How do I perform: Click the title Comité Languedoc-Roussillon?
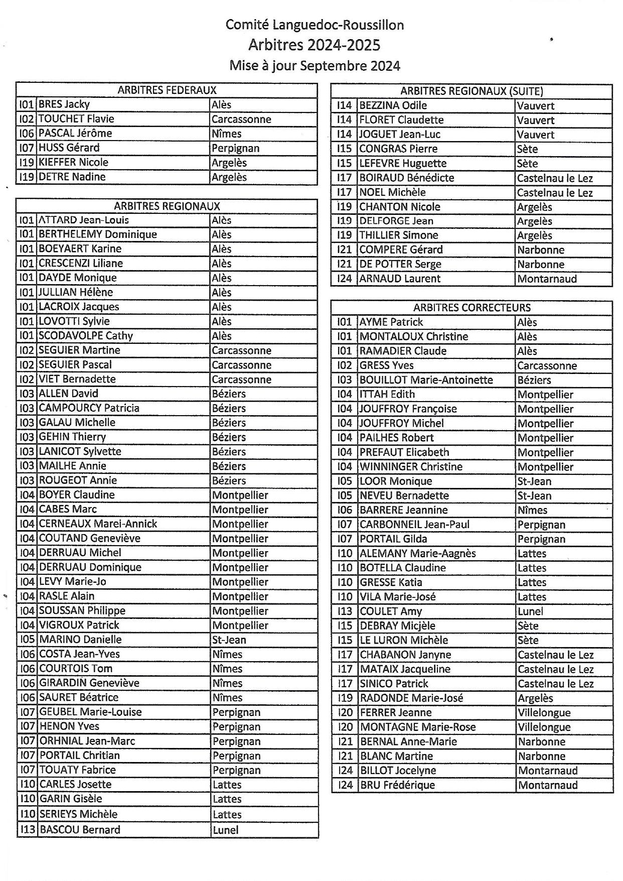pyautogui.click(x=315, y=25)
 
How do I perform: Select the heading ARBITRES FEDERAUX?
pyautogui.click(x=167, y=90)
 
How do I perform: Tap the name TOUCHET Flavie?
pyautogui.click(x=76, y=119)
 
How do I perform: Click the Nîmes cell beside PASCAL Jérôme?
pyautogui.click(x=226, y=134)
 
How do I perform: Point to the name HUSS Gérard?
pyautogui.click(x=69, y=148)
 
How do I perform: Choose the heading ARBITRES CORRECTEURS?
pyautogui.click(x=472, y=308)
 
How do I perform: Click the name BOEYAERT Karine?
pyautogui.click(x=80, y=249)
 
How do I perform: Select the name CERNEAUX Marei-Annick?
pyautogui.click(x=98, y=524)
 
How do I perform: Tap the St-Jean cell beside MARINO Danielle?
pyautogui.click(x=229, y=640)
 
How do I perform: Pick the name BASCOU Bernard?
pyautogui.click(x=80, y=830)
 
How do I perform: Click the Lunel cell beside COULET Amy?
pyautogui.click(x=530, y=611)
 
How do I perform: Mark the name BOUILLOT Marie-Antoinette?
pyautogui.click(x=426, y=380)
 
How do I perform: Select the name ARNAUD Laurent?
pyautogui.click(x=400, y=279)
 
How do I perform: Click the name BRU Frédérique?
pyautogui.click(x=397, y=785)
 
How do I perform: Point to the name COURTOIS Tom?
pyautogui.click(x=75, y=669)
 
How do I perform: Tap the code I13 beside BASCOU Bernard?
pyautogui.click(x=27, y=830)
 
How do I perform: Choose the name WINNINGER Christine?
pyautogui.click(x=411, y=467)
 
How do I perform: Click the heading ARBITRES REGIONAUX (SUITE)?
pyautogui.click(x=472, y=91)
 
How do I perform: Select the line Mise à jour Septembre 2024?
pyautogui.click(x=315, y=66)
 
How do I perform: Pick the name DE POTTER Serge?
pyautogui.click(x=400, y=264)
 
